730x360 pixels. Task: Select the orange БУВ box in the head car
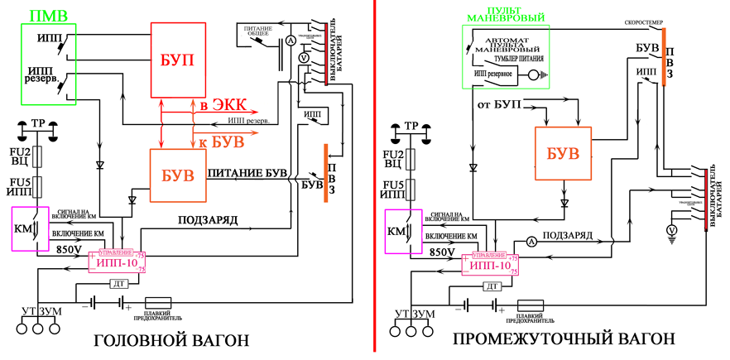pos(177,175)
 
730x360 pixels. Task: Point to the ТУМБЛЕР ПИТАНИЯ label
pos(520,60)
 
